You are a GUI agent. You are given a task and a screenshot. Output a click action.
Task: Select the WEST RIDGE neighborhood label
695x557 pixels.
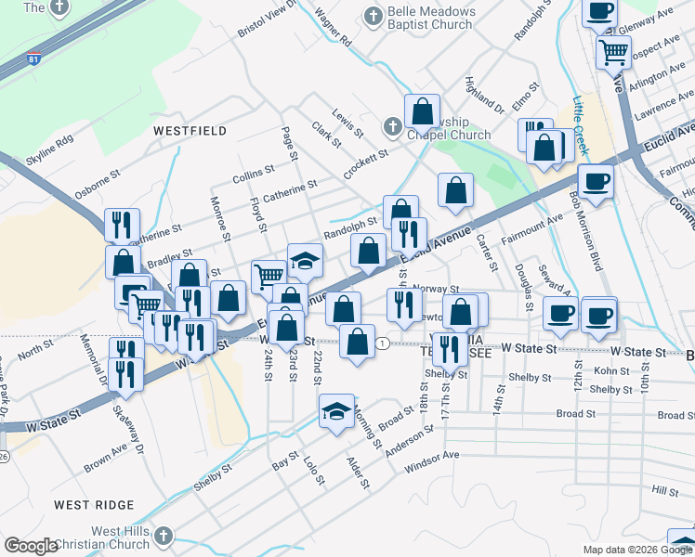(94, 505)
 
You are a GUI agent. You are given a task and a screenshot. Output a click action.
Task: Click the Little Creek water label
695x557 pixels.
(580, 115)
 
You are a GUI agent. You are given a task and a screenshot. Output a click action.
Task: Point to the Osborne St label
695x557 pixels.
(98, 180)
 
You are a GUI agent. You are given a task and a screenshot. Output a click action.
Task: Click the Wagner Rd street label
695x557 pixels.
(333, 29)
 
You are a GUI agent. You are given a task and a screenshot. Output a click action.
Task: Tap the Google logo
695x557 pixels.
(32, 546)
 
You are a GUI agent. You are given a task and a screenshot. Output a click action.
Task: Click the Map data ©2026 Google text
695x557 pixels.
(637, 550)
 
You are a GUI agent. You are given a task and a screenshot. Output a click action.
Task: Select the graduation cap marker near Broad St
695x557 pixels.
(336, 412)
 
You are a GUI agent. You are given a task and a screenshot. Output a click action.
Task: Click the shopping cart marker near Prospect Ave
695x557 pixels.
(614, 53)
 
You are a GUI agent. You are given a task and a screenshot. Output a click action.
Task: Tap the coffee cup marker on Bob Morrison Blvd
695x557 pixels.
(596, 181)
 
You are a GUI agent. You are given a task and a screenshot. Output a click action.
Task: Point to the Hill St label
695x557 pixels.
(665, 489)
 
